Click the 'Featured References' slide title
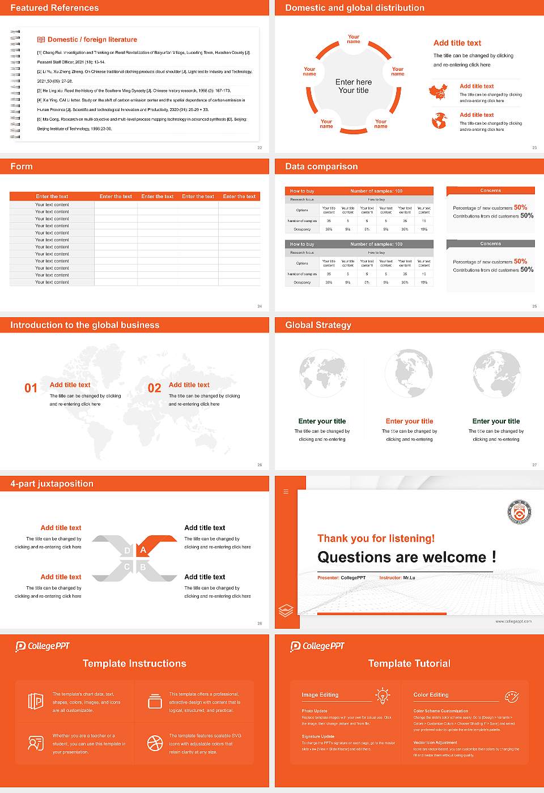pyautogui.click(x=54, y=8)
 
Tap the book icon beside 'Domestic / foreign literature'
pyautogui.click(x=41, y=40)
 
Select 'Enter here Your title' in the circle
pyautogui.click(x=354, y=86)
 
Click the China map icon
pyautogui.click(x=438, y=92)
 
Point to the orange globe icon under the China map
pyautogui.click(x=439, y=121)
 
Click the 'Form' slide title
pyautogui.click(x=22, y=167)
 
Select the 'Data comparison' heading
pyautogui.click(x=321, y=167)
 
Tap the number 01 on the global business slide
pyautogui.click(x=31, y=388)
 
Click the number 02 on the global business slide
pyautogui.click(x=155, y=388)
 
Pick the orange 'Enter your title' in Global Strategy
pyautogui.click(x=409, y=421)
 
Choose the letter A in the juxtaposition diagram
pyautogui.click(x=143, y=550)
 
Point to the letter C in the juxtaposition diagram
pyautogui.click(x=127, y=567)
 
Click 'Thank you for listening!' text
pyautogui.click(x=376, y=539)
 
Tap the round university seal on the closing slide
pyautogui.click(x=519, y=512)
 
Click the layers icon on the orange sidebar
pyautogui.click(x=286, y=610)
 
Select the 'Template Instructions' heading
pyautogui.click(x=134, y=664)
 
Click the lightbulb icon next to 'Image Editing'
pyautogui.click(x=382, y=695)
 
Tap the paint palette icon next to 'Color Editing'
pyautogui.click(x=511, y=696)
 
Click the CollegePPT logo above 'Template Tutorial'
pyautogui.click(x=317, y=646)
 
